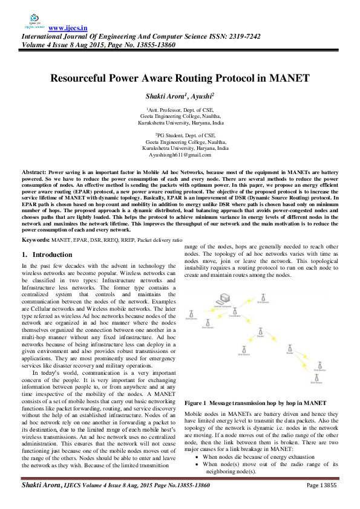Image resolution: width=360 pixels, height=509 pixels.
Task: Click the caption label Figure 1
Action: coord(198,402)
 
